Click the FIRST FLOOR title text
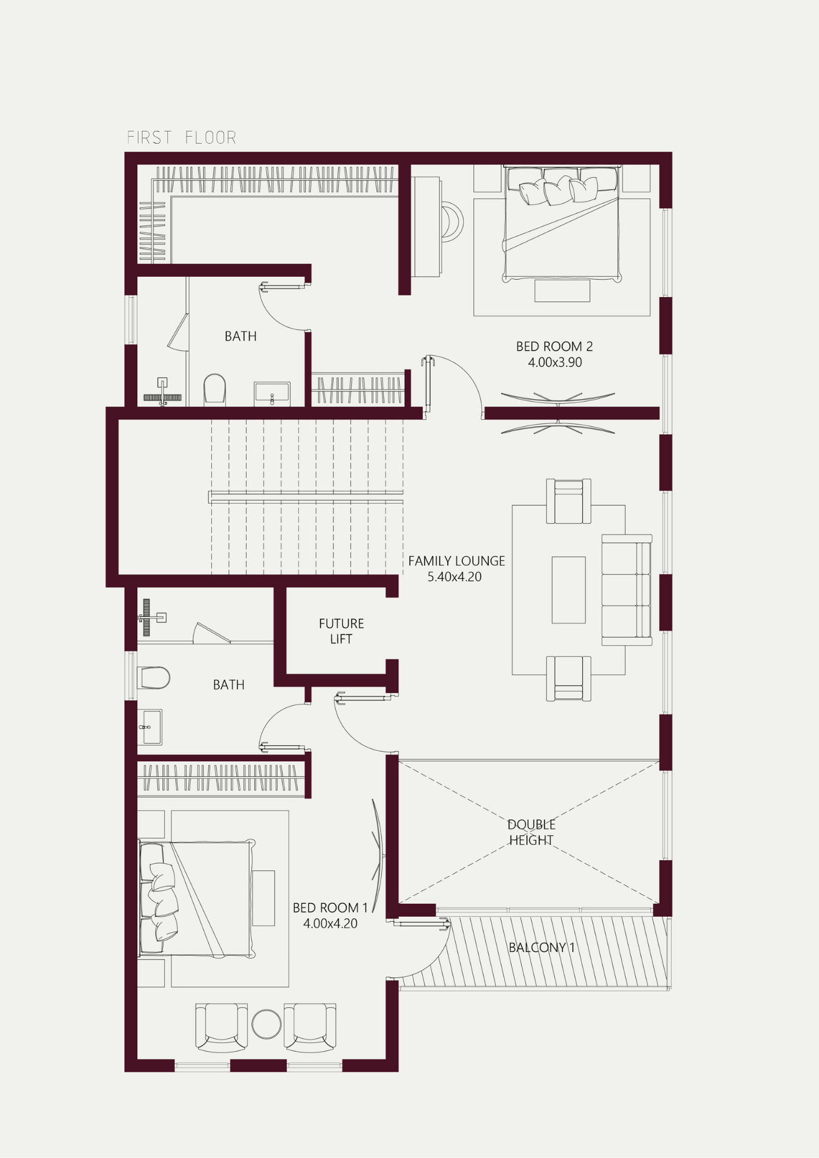click(181, 138)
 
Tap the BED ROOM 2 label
click(554, 346)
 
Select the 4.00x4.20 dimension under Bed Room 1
click(330, 924)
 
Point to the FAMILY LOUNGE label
click(456, 561)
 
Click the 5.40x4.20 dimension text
click(455, 577)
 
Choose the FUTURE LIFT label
click(341, 631)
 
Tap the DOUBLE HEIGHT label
click(531, 832)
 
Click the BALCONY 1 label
click(542, 947)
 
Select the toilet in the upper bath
click(214, 389)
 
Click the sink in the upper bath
click(272, 394)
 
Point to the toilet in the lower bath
click(153, 677)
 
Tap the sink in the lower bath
click(149, 727)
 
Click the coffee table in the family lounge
click(569, 590)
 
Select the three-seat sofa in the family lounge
click(627, 590)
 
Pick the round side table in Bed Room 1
click(266, 1024)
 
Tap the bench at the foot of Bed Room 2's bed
click(562, 291)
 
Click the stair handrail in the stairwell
click(306, 497)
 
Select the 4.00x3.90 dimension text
click(555, 362)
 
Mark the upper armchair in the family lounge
click(569, 501)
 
